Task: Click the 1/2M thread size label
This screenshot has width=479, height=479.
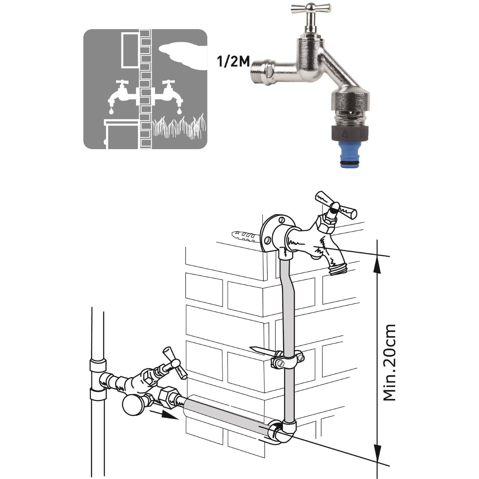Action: click(x=233, y=62)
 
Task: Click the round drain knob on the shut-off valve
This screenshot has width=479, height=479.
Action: click(x=132, y=405)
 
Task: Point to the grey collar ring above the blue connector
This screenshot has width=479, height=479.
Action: click(x=351, y=132)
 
